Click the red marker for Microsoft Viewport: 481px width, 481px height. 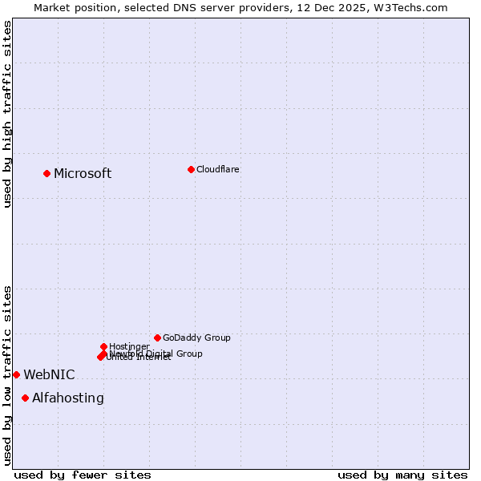tap(46, 173)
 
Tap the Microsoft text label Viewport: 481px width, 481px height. tap(83, 174)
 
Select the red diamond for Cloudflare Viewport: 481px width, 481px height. tap(191, 169)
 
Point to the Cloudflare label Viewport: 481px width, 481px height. tap(217, 169)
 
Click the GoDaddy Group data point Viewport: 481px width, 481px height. tap(157, 338)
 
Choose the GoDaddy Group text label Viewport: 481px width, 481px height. tap(196, 338)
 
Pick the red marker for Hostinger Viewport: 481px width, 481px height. tap(103, 346)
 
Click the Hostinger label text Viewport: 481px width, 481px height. tap(129, 346)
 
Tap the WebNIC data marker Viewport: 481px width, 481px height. tap(16, 374)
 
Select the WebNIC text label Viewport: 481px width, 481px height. tap(49, 374)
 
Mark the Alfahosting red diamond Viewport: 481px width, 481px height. tap(25, 398)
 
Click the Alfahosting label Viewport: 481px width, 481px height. tap(68, 398)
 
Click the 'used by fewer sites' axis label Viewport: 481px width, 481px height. tap(83, 475)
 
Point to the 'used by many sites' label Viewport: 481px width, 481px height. tap(402, 475)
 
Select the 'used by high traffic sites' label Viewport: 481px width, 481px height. tap(7, 114)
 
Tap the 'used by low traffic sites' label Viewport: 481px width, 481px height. tap(7, 374)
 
